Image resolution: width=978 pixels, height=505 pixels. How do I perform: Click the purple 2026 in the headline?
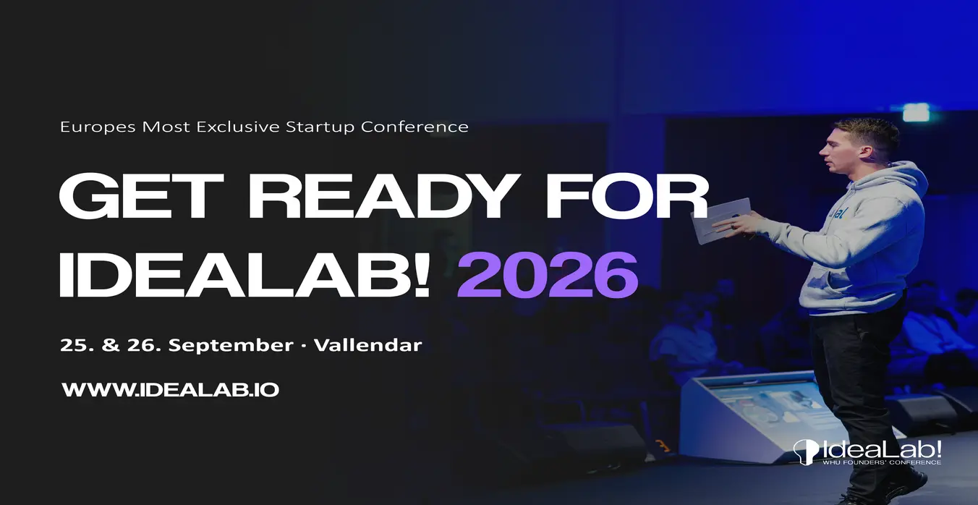[548, 275]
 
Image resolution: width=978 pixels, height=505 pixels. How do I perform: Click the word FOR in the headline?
[627, 196]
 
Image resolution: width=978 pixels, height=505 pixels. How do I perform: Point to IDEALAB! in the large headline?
[245, 275]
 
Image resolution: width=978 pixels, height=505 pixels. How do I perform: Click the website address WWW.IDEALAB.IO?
[170, 390]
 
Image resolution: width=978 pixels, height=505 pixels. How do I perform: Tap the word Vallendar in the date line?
[368, 345]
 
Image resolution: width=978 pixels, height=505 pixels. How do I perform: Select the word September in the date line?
[231, 346]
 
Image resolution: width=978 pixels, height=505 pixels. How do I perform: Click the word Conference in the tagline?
[414, 127]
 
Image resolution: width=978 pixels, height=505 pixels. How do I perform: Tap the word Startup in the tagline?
[320, 127]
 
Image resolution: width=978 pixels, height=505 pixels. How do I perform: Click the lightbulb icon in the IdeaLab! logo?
[806, 451]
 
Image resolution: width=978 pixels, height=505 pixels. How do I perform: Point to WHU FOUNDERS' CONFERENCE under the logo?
[882, 462]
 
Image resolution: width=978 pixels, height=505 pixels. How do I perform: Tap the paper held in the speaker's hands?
[720, 221]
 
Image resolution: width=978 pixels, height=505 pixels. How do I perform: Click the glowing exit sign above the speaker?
[916, 112]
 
